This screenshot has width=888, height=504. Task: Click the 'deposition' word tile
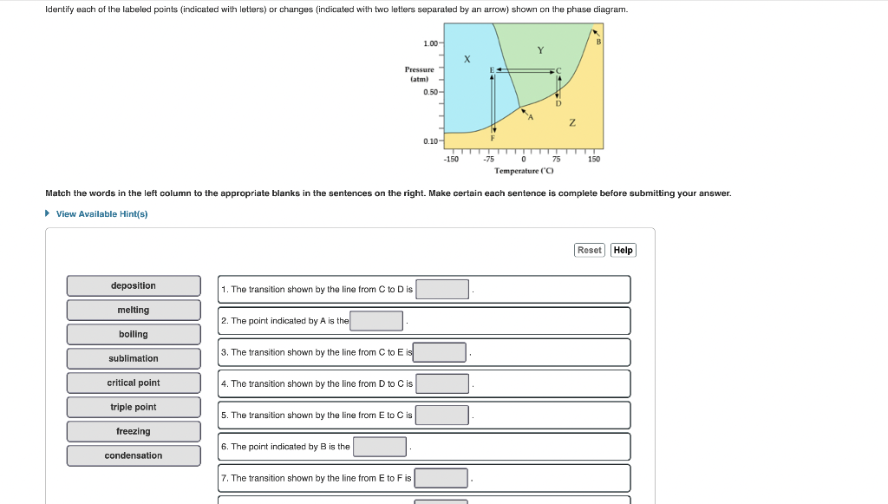134,285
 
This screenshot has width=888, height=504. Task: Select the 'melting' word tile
134,310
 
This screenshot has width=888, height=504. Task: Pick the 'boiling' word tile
134,334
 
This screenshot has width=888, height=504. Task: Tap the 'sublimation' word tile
134,358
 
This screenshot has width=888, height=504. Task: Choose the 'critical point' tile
134,383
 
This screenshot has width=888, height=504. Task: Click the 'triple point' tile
134,407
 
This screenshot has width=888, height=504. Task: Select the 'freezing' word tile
134,431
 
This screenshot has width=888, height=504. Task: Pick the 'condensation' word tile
134,455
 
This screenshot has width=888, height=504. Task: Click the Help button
623,250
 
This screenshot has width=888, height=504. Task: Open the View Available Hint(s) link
101,214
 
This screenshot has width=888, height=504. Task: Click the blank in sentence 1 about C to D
442,289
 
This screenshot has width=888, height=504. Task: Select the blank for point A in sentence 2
376,321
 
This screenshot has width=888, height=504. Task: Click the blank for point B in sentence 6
380,447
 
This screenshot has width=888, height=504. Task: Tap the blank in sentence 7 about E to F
441,478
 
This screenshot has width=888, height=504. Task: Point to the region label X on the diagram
467,59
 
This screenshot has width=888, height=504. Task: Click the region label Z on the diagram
572,123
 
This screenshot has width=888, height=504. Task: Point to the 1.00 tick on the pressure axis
430,43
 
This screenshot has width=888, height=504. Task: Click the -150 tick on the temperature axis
451,160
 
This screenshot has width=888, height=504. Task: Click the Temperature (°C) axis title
524,171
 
